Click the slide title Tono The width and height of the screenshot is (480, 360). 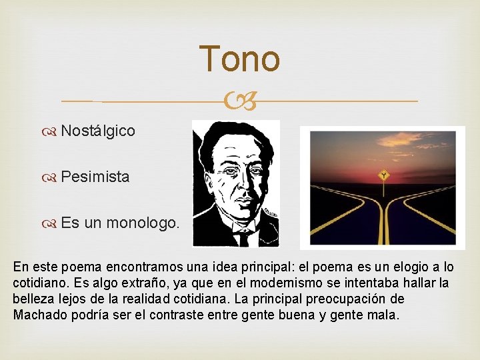point(239,59)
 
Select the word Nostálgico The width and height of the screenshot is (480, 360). point(98,131)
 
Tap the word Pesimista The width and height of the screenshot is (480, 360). point(95,177)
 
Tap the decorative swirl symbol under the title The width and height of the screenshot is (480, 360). point(239,102)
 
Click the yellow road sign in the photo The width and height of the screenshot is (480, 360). point(383,175)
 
